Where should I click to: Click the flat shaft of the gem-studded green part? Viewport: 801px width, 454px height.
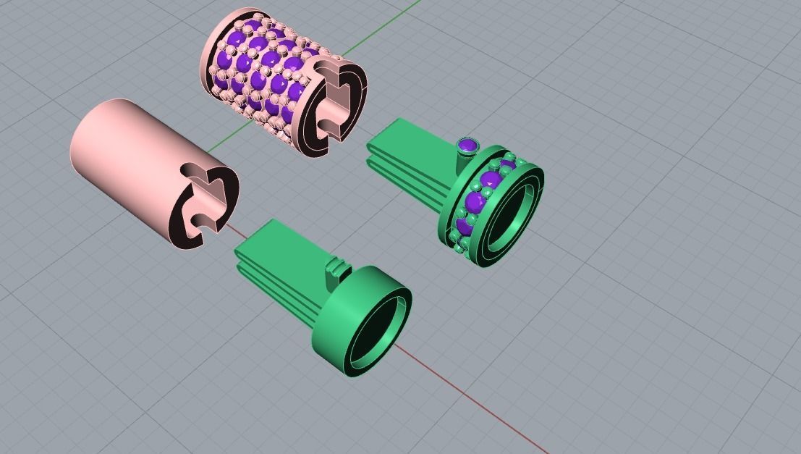pyautogui.click(x=412, y=159)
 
